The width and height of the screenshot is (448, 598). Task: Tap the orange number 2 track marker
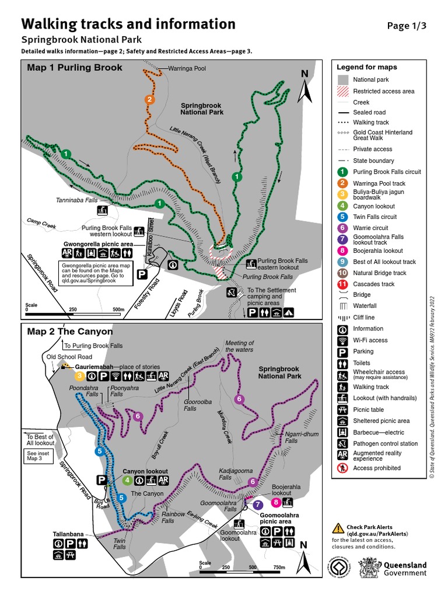pos(149,99)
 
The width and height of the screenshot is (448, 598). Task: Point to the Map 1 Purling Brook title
pos(75,67)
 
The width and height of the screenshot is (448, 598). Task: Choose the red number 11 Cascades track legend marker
pos(343,284)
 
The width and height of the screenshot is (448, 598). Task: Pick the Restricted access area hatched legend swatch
pos(343,91)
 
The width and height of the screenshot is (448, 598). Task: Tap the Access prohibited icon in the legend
pos(343,468)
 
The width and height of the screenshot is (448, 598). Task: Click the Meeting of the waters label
pos(240,346)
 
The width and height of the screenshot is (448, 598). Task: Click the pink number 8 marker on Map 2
pos(275,503)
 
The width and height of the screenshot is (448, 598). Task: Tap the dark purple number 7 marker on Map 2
pos(258,505)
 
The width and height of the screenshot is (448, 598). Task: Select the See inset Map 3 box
pos(39,456)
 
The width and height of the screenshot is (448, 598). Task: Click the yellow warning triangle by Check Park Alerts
pos(338,528)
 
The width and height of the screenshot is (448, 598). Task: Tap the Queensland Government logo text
pos(405,569)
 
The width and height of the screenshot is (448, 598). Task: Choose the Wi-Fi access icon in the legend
pos(343,340)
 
